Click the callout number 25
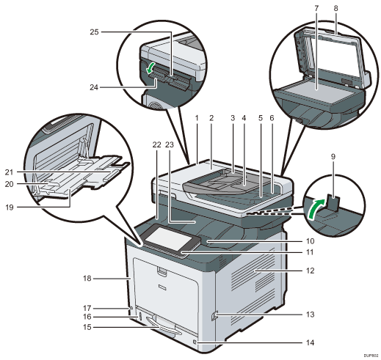94,32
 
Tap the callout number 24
94,87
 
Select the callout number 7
316,8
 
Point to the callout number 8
335,8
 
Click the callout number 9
333,157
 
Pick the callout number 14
310,342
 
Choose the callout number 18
87,279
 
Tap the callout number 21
9,172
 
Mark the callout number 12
310,271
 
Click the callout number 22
156,144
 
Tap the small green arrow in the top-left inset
150,67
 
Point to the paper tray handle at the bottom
164,325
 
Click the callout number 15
87,327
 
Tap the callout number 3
233,118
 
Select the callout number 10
310,241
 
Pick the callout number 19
9,207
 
